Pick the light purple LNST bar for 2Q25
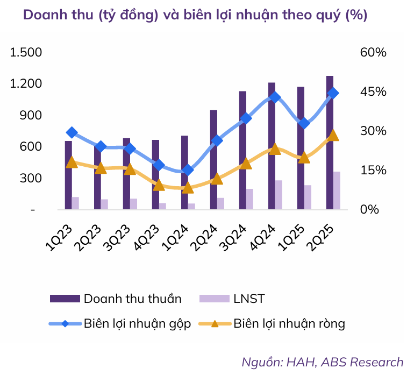coord(337,190)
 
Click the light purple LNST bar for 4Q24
coord(279,195)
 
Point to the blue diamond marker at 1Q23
coord(72,133)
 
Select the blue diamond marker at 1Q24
coord(188,170)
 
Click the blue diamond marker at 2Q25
coord(333,93)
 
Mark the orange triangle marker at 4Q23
coord(159,185)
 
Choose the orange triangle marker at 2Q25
coord(333,135)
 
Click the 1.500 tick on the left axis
coord(26,53)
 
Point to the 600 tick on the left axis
coord(31,147)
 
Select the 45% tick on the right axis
coord(373,92)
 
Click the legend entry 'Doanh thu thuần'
coord(132,299)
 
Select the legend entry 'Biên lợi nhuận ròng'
coord(289,323)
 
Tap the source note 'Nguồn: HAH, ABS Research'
coord(322,362)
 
